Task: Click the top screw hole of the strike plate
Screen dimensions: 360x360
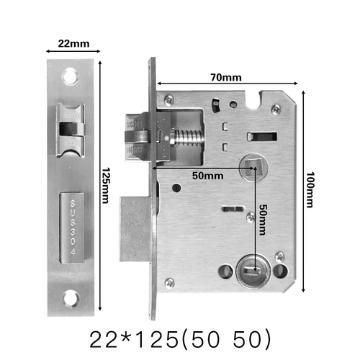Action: (73, 73)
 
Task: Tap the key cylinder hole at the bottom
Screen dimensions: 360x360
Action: (248, 271)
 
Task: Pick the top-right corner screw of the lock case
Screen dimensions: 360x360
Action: (276, 109)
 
